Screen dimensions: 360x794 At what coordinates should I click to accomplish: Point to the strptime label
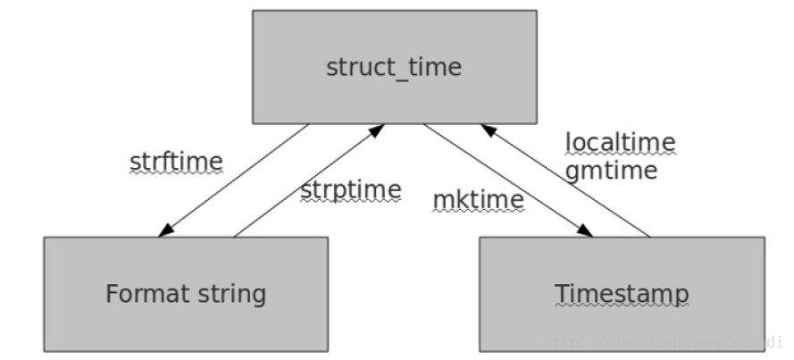350,190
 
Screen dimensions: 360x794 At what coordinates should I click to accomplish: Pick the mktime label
478,200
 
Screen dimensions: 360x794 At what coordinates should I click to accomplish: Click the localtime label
620,142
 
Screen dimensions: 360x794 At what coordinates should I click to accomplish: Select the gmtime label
611,170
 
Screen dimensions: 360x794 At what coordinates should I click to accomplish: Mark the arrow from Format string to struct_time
309,180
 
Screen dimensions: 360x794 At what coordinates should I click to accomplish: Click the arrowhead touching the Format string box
165,231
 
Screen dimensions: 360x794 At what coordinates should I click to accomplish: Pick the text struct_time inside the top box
394,68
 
